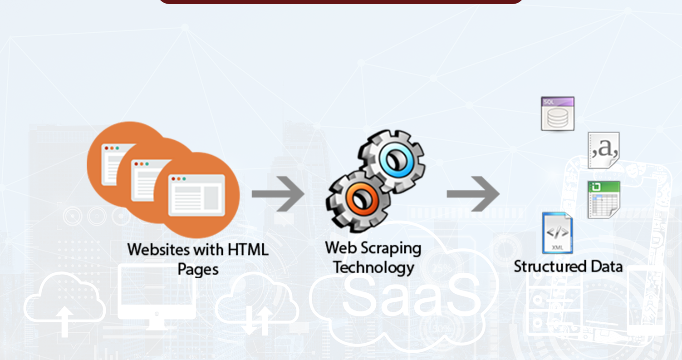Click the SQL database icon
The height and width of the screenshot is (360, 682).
558,113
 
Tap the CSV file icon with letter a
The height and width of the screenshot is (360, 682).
603,150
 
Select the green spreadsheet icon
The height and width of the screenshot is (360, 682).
603,199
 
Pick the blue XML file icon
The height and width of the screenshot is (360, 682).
557,233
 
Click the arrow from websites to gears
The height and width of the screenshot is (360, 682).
278,194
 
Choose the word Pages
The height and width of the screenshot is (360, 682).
198,269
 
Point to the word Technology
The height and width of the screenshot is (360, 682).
374,267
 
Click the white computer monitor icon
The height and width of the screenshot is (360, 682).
157,295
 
